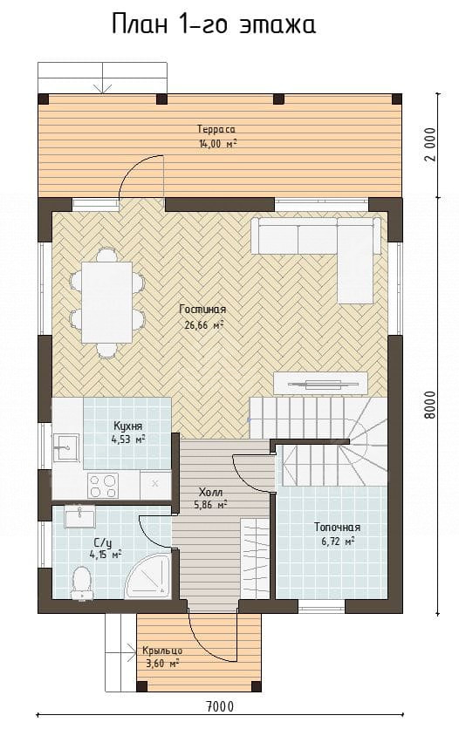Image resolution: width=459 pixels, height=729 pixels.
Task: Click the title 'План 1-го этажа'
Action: [214, 24]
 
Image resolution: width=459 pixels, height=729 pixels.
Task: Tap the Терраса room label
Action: [216, 129]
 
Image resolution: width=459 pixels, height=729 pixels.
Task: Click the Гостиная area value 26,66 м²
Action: [204, 325]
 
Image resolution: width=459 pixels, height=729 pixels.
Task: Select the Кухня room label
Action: [127, 426]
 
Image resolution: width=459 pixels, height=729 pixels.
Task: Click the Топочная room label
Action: [337, 528]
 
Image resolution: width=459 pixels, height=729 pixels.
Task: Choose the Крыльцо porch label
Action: [162, 651]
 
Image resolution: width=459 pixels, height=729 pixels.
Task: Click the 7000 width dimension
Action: [220, 707]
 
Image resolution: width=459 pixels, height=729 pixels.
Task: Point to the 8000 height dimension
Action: [430, 405]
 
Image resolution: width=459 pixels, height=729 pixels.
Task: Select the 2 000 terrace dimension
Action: [430, 144]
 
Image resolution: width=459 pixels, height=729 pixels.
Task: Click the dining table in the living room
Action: [107, 303]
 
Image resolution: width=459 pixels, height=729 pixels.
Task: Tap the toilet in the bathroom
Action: [82, 582]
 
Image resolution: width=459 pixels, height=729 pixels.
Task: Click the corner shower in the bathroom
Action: [150, 576]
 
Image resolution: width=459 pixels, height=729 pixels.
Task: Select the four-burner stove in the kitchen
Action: [103, 486]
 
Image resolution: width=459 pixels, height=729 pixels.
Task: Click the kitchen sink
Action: [65, 447]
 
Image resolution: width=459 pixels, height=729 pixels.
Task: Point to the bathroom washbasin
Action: [79, 517]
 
